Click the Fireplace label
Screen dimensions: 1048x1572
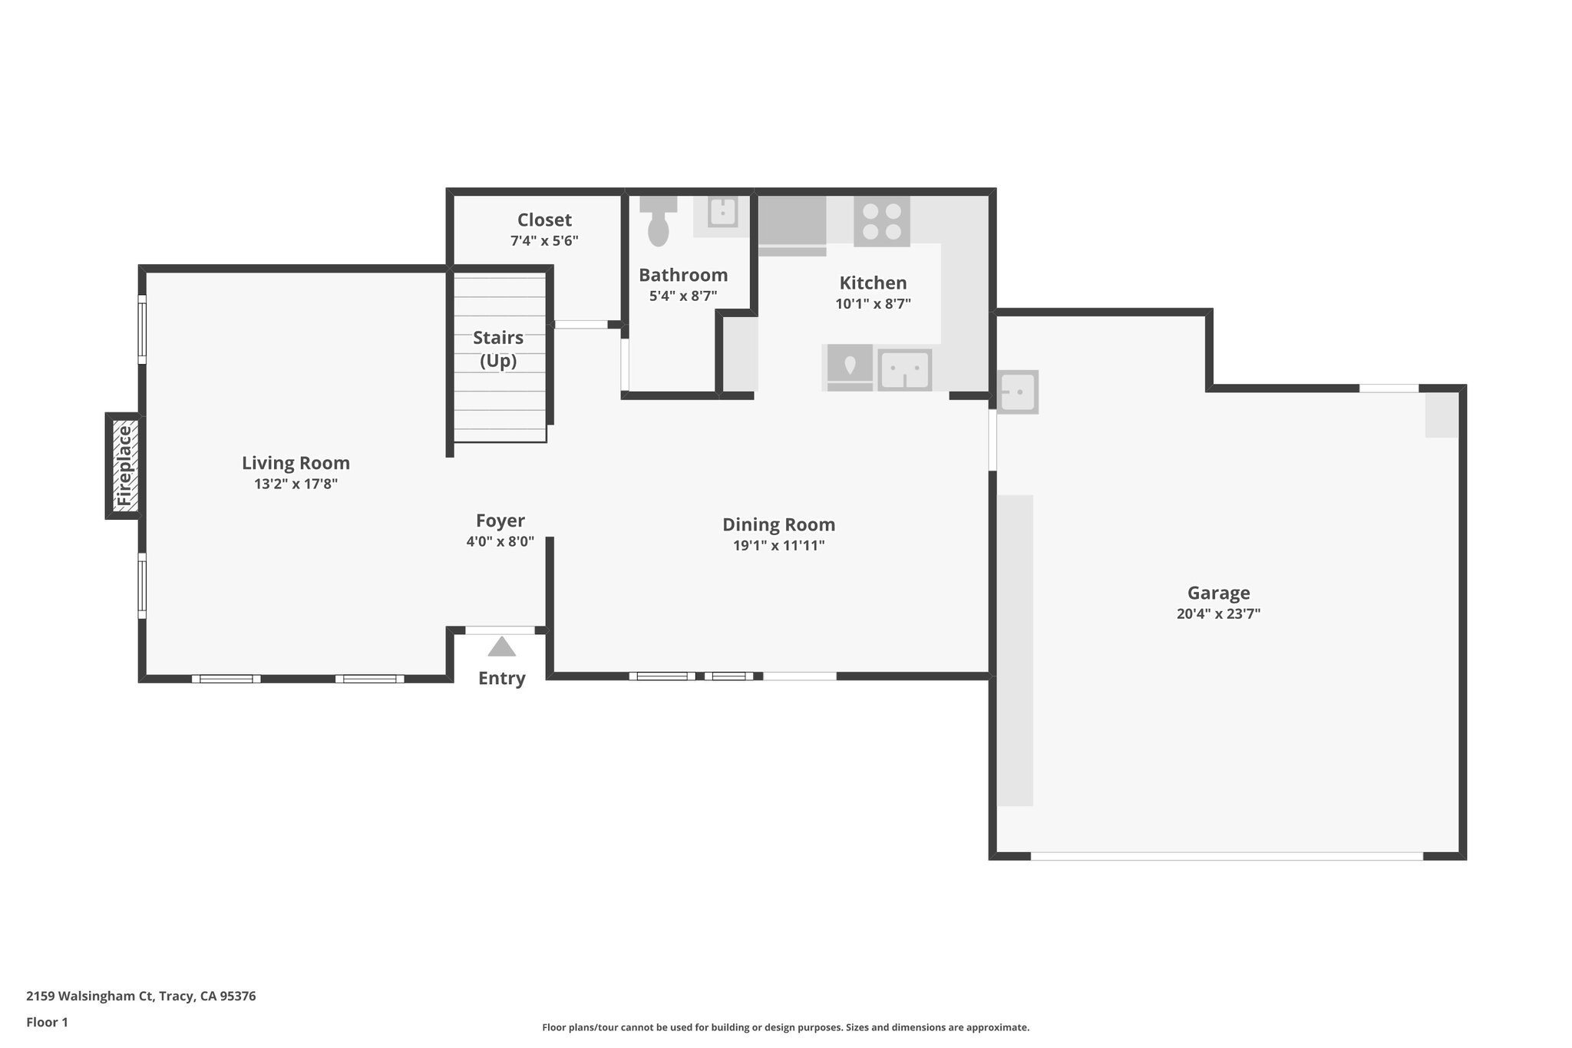124,466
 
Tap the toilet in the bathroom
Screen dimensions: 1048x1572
658,223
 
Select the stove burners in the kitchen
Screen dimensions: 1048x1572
882,221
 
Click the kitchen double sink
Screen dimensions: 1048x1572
905,370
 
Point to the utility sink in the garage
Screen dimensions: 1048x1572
1017,392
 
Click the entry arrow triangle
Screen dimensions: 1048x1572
502,647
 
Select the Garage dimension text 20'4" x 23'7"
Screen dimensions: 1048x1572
1218,614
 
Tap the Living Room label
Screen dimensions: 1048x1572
296,463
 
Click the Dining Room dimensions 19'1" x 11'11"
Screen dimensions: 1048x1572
778,546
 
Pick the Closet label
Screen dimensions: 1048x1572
544,220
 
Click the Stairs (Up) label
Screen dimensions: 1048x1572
498,349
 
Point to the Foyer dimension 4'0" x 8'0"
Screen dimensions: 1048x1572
500,541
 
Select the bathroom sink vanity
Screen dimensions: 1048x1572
722,213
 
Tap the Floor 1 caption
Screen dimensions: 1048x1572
47,1022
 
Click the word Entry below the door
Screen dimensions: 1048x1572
501,679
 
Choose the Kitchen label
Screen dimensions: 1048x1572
873,283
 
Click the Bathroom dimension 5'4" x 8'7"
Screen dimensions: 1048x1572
683,296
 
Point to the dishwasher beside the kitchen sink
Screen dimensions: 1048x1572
849,367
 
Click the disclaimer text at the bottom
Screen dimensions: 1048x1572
785,1027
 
